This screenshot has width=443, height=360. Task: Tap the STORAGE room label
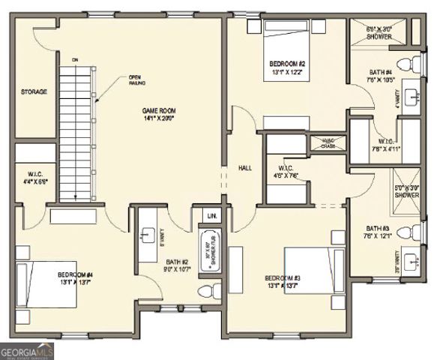pos(34,92)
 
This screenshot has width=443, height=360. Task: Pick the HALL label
pos(244,167)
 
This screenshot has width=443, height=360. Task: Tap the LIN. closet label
pos(211,216)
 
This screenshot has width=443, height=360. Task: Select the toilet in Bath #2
pos(207,289)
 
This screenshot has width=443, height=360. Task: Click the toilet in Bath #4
pos(407,62)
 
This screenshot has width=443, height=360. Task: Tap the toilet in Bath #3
pos(407,232)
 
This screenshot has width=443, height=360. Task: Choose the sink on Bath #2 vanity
pos(148,234)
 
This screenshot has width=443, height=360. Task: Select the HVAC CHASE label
pos(328,142)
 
